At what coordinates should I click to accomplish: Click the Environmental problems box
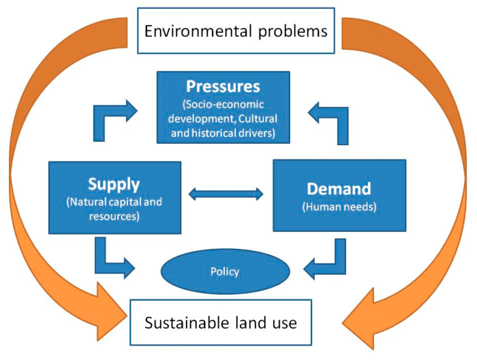click(x=236, y=31)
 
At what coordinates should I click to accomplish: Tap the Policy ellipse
click(x=225, y=271)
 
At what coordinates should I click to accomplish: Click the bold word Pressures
click(x=224, y=87)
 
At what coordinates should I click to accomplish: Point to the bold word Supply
click(x=114, y=184)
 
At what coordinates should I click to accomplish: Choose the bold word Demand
click(x=339, y=188)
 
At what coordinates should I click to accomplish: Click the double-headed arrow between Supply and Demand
click(x=226, y=194)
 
